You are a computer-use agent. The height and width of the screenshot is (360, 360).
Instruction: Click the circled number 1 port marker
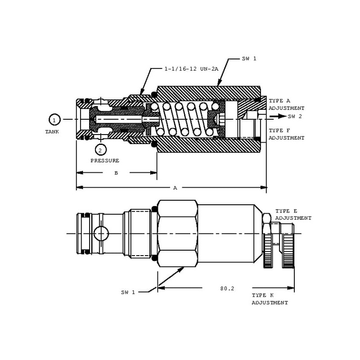(x=54, y=120)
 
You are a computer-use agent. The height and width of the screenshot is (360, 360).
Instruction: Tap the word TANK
(x=52, y=132)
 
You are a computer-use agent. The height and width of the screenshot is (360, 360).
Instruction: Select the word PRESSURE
(x=105, y=160)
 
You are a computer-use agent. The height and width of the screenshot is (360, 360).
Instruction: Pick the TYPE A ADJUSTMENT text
(x=286, y=105)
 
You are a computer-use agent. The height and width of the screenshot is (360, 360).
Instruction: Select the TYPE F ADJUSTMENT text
(x=286, y=134)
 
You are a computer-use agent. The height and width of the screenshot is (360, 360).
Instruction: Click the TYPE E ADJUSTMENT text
(x=293, y=214)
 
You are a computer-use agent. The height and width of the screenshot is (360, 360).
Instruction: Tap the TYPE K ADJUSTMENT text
(x=270, y=299)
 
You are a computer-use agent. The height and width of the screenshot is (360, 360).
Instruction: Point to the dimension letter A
(x=175, y=188)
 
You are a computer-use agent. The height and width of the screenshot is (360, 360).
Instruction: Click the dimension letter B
(x=116, y=172)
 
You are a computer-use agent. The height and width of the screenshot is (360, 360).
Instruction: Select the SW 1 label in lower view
(x=128, y=292)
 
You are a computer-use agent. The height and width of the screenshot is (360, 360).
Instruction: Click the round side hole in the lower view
(x=101, y=233)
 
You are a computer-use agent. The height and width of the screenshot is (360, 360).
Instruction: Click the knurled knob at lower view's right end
(x=288, y=245)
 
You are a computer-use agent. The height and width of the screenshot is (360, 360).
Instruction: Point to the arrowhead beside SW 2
(x=281, y=116)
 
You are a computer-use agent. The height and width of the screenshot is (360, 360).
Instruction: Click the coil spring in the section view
(x=184, y=119)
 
